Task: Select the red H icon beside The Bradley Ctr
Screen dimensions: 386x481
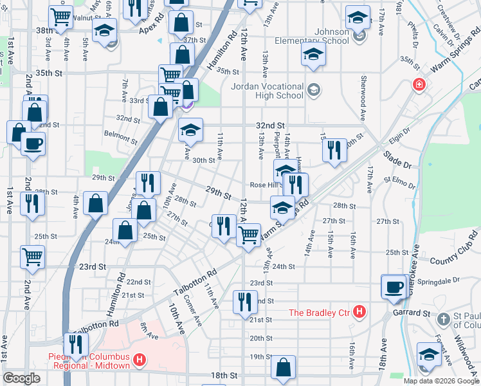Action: tap(360, 313)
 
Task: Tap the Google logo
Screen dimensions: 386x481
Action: tap(21, 378)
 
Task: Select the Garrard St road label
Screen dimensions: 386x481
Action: tap(412, 313)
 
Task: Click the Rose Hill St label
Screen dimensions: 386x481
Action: tap(264, 184)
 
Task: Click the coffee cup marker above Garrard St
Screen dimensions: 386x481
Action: tap(393, 287)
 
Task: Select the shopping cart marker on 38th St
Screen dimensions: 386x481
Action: tap(61, 17)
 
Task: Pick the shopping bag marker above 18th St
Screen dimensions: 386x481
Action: tap(283, 367)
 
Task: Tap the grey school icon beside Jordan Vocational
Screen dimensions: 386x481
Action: tap(314, 89)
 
